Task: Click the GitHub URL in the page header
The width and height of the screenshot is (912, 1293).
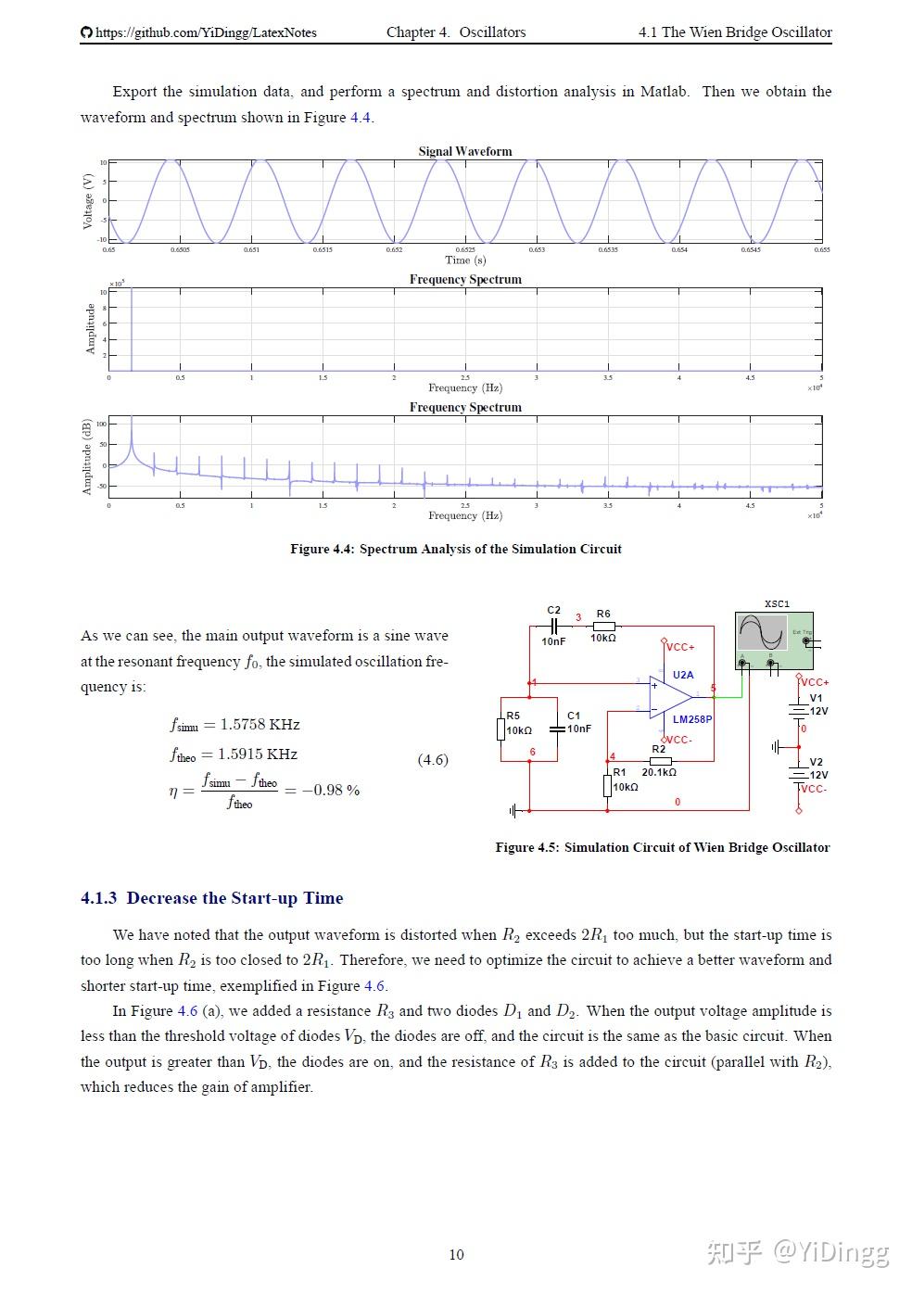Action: coord(205,32)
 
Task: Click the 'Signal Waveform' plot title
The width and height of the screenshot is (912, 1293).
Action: coord(464,151)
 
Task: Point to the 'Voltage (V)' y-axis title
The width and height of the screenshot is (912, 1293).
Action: coord(88,200)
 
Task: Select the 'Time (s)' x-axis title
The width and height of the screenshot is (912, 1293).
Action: coord(464,260)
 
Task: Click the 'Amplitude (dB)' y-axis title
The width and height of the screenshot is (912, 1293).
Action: coord(87,456)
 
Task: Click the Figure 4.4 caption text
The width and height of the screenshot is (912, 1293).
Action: coord(455,549)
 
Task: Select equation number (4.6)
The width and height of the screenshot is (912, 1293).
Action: coord(432,760)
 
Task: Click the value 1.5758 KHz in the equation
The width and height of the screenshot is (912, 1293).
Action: coord(260,724)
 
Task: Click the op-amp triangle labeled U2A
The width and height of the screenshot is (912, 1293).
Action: coord(669,696)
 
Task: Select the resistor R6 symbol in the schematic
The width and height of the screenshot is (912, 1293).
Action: coord(603,627)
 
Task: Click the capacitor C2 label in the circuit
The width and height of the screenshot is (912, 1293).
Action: coord(553,610)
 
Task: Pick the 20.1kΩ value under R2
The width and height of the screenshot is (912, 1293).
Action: coord(659,772)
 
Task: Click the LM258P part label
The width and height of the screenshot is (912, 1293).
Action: coord(691,719)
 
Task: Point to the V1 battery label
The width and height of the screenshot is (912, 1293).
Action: coord(816,698)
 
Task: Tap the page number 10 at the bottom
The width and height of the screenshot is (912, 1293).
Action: coord(456,1255)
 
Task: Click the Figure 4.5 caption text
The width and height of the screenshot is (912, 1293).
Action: coord(662,847)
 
